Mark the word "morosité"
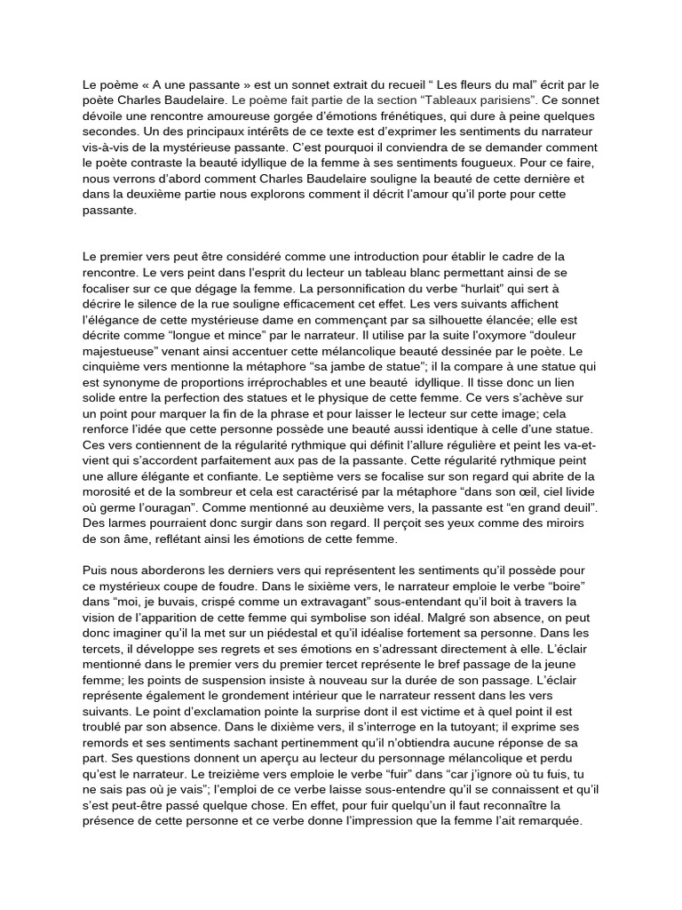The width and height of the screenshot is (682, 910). click(x=108, y=491)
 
